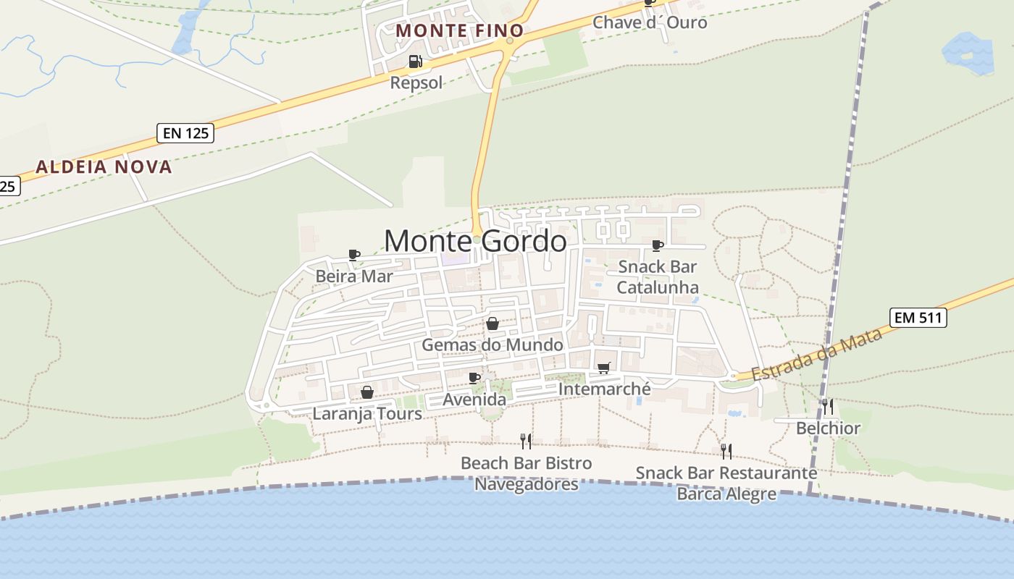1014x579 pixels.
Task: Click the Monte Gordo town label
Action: (475, 241)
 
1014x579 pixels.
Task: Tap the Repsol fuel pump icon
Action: (415, 62)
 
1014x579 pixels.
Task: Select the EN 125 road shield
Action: (185, 133)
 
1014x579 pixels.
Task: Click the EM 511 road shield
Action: (918, 317)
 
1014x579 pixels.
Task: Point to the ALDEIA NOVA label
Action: (104, 167)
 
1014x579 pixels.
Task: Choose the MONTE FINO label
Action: (460, 30)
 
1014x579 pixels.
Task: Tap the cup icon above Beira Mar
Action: (354, 255)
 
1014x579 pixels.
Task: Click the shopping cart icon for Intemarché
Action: (604, 368)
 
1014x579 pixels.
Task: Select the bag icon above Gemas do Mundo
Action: (493, 323)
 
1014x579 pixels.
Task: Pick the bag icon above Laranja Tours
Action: (367, 392)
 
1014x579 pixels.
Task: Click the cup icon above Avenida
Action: (474, 378)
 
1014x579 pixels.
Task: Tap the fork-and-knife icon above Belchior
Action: (828, 407)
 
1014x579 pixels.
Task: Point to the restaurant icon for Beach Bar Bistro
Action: (527, 441)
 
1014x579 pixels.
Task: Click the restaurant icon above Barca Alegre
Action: (726, 452)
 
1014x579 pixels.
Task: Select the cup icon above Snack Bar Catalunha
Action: (658, 246)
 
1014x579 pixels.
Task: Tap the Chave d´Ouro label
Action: (650, 22)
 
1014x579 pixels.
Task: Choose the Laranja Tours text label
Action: (367, 414)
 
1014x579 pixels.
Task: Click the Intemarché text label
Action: (605, 389)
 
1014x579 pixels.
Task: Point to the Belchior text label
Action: (828, 428)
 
